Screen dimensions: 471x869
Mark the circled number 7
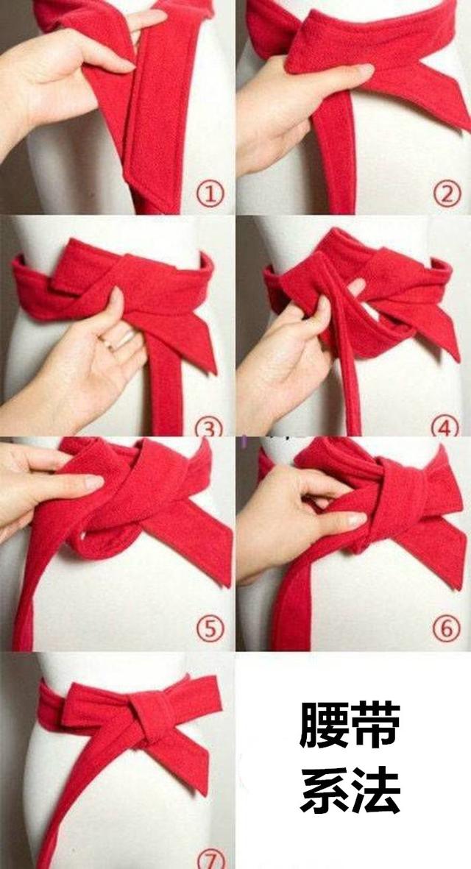[211, 859]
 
